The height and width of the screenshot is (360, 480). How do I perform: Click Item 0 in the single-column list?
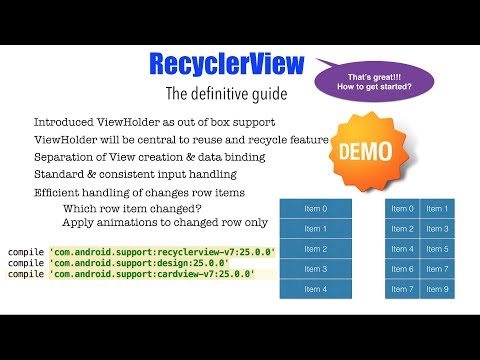pyautogui.click(x=315, y=209)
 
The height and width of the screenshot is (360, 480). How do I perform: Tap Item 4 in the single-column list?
pyautogui.click(x=315, y=289)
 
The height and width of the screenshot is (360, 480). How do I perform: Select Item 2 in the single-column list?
pyautogui.click(x=315, y=249)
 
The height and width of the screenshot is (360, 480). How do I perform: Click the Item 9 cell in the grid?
pyautogui.click(x=438, y=289)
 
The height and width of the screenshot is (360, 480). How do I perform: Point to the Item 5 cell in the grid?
pyautogui.click(x=438, y=249)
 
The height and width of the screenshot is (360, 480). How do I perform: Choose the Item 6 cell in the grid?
pyautogui.click(x=403, y=269)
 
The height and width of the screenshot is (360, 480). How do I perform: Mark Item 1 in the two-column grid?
pyautogui.click(x=438, y=209)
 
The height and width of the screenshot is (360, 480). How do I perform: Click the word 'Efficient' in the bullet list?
pyautogui.click(x=57, y=192)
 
